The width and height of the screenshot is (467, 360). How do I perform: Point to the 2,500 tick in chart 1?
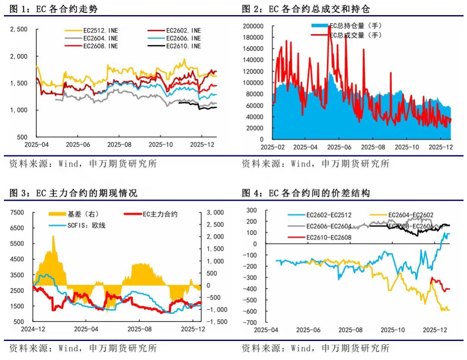tap(19, 29)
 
